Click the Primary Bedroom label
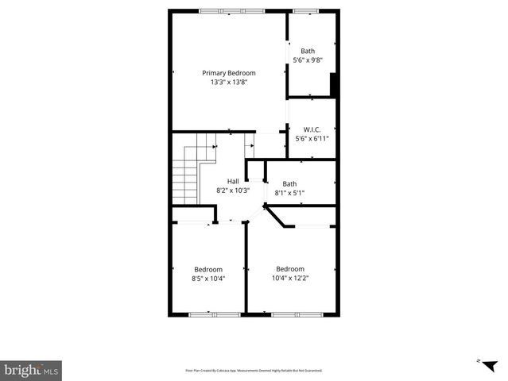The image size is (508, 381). point(228,73)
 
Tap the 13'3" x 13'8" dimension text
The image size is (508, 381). point(228,82)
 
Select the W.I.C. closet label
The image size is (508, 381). point(312,129)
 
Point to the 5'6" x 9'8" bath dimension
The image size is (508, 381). point(308,60)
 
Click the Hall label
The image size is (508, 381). point(233,181)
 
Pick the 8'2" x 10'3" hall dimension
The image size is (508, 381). point(233,190)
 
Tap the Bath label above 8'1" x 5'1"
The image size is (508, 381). point(289,184)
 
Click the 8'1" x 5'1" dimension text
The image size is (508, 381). point(289,193)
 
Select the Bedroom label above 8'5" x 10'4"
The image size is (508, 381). point(208,269)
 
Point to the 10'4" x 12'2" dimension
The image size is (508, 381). point(289,278)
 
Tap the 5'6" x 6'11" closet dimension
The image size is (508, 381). point(312,138)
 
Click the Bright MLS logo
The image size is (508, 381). point(31,371)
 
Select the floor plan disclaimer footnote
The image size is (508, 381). point(254,371)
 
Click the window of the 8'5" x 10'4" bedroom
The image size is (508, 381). point(214,315)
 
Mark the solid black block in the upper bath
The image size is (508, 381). point(334,85)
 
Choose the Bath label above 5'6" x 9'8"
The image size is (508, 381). point(308,51)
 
